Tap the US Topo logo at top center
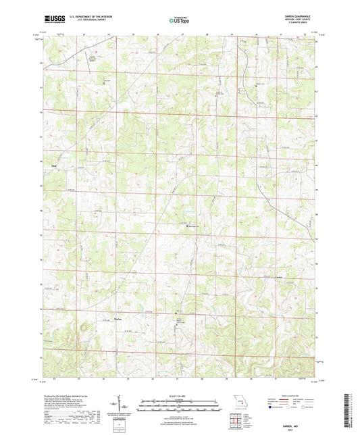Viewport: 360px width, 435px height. click(x=177, y=20)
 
